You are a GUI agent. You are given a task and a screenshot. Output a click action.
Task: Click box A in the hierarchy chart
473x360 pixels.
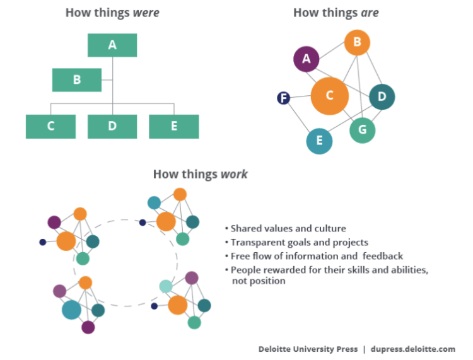point(112,45)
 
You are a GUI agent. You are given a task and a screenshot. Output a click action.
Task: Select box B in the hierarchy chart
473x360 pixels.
point(77,80)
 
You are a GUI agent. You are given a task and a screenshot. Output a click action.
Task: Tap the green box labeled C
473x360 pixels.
point(50,126)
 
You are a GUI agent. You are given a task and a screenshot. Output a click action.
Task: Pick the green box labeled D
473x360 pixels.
point(112,126)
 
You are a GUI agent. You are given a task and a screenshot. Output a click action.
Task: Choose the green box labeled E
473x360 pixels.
point(174,126)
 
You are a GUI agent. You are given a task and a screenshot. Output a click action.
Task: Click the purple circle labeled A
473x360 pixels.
point(307,59)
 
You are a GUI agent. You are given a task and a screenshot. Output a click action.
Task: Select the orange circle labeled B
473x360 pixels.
point(357,42)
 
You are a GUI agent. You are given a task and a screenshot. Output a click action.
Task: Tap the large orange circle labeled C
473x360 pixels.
point(330,96)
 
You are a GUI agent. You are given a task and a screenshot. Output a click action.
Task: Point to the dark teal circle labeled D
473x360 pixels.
point(382,96)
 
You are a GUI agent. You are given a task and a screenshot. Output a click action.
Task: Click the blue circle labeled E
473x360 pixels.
point(320,141)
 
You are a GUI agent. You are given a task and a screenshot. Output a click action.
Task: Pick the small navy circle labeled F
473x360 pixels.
point(284,98)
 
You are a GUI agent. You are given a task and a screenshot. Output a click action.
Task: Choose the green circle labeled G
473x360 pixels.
point(363,130)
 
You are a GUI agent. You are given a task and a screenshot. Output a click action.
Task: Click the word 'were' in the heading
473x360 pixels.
point(145,13)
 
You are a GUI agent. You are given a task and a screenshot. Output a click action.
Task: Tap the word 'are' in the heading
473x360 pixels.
point(370,13)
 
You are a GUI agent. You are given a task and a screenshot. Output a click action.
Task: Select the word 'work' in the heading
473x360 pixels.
point(234,174)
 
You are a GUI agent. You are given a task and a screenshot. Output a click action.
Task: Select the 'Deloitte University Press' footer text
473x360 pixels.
point(308,349)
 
